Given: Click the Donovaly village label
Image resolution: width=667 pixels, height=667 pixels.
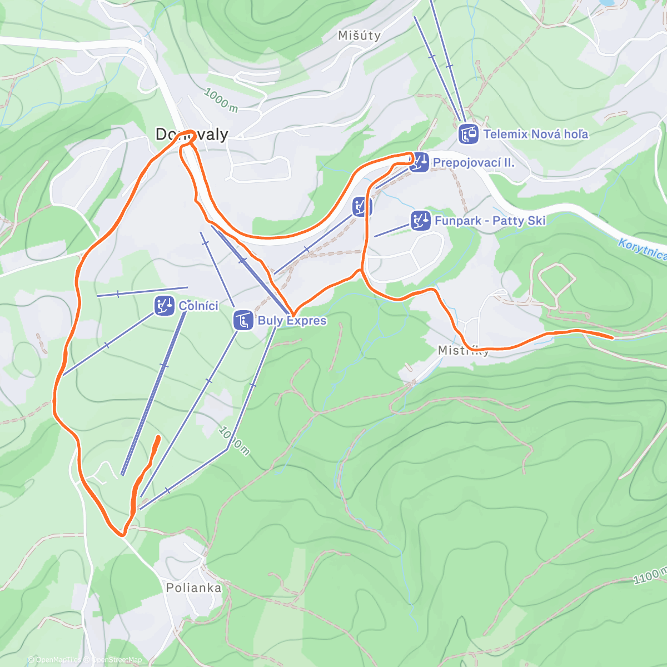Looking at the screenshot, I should click(x=192, y=135).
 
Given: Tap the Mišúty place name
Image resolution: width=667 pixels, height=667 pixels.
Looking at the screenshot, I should click(x=359, y=36).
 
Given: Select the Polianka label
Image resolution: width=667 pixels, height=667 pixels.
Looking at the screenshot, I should click(x=193, y=588).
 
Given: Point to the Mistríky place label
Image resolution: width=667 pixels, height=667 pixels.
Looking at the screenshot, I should click(x=463, y=350).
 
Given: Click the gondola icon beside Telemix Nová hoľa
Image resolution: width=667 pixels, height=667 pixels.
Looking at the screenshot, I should click(x=469, y=134).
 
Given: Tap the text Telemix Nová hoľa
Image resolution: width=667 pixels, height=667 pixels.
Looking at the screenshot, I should click(x=535, y=134).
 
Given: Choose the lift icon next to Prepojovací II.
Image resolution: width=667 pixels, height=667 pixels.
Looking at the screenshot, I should click(x=419, y=162).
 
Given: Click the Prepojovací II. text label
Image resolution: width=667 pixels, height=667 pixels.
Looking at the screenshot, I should click(x=474, y=163).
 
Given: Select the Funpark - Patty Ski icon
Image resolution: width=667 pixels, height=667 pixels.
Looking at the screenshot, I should click(x=421, y=221).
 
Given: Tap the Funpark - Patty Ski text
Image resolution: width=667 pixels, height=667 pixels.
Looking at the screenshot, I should click(x=490, y=221).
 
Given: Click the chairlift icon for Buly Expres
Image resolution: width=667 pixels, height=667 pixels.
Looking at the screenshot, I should click(x=243, y=320).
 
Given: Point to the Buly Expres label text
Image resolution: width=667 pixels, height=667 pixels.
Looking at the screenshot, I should click(x=292, y=321).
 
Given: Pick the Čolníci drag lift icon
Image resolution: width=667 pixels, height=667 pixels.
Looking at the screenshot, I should click(x=164, y=305).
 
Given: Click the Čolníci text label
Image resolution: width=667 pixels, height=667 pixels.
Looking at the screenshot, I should click(x=198, y=306).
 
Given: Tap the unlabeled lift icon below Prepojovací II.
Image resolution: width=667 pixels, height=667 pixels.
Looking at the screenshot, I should click(x=362, y=207).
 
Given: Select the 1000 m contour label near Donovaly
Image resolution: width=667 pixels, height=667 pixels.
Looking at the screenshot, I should click(x=221, y=101).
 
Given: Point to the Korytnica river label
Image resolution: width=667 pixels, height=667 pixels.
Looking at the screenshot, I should click(x=643, y=248).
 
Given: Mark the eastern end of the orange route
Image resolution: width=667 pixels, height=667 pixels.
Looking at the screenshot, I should click(x=612, y=337).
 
